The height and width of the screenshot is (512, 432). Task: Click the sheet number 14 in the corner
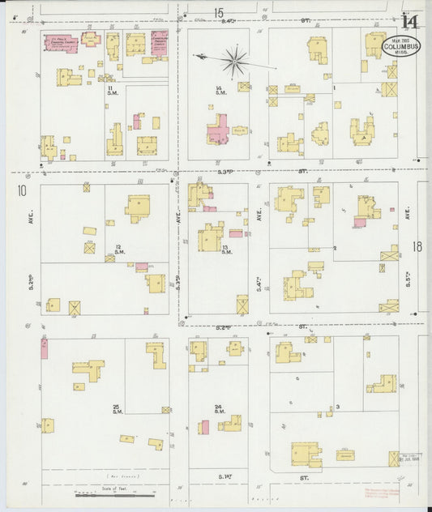coord(410,23)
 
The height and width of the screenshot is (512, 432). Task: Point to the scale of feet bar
coord(113,491)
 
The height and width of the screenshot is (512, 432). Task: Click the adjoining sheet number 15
coord(219,12)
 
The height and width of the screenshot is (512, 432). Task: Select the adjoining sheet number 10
coord(21,191)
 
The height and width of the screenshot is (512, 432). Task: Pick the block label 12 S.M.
coord(118,248)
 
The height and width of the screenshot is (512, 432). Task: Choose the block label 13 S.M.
coord(226,249)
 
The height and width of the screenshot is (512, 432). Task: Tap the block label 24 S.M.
coord(219,408)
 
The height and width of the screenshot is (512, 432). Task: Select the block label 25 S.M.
coord(117,408)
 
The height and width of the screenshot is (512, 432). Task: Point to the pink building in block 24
coord(204,428)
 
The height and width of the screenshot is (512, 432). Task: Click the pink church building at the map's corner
coord(61,43)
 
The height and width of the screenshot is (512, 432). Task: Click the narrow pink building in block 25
coord(44,349)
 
